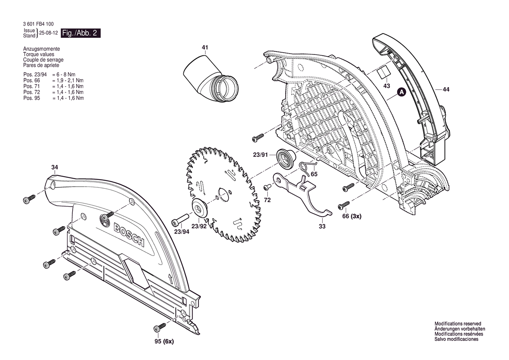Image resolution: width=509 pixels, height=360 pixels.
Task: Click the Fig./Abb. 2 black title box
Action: pyautogui.click(x=81, y=33)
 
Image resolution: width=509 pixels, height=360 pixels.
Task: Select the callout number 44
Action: pyautogui.click(x=446, y=89)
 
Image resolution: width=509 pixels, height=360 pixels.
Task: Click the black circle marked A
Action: pyautogui.click(x=402, y=92)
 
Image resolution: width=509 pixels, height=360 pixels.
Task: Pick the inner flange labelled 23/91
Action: pyautogui.click(x=285, y=159)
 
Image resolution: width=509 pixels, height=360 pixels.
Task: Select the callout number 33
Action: pyautogui.click(x=322, y=226)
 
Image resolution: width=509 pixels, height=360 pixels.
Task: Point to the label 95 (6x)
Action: pyautogui.click(x=164, y=342)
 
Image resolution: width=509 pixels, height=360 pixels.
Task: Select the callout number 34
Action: pyautogui.click(x=54, y=167)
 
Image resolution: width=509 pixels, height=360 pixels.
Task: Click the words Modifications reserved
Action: pyautogui.click(x=458, y=324)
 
